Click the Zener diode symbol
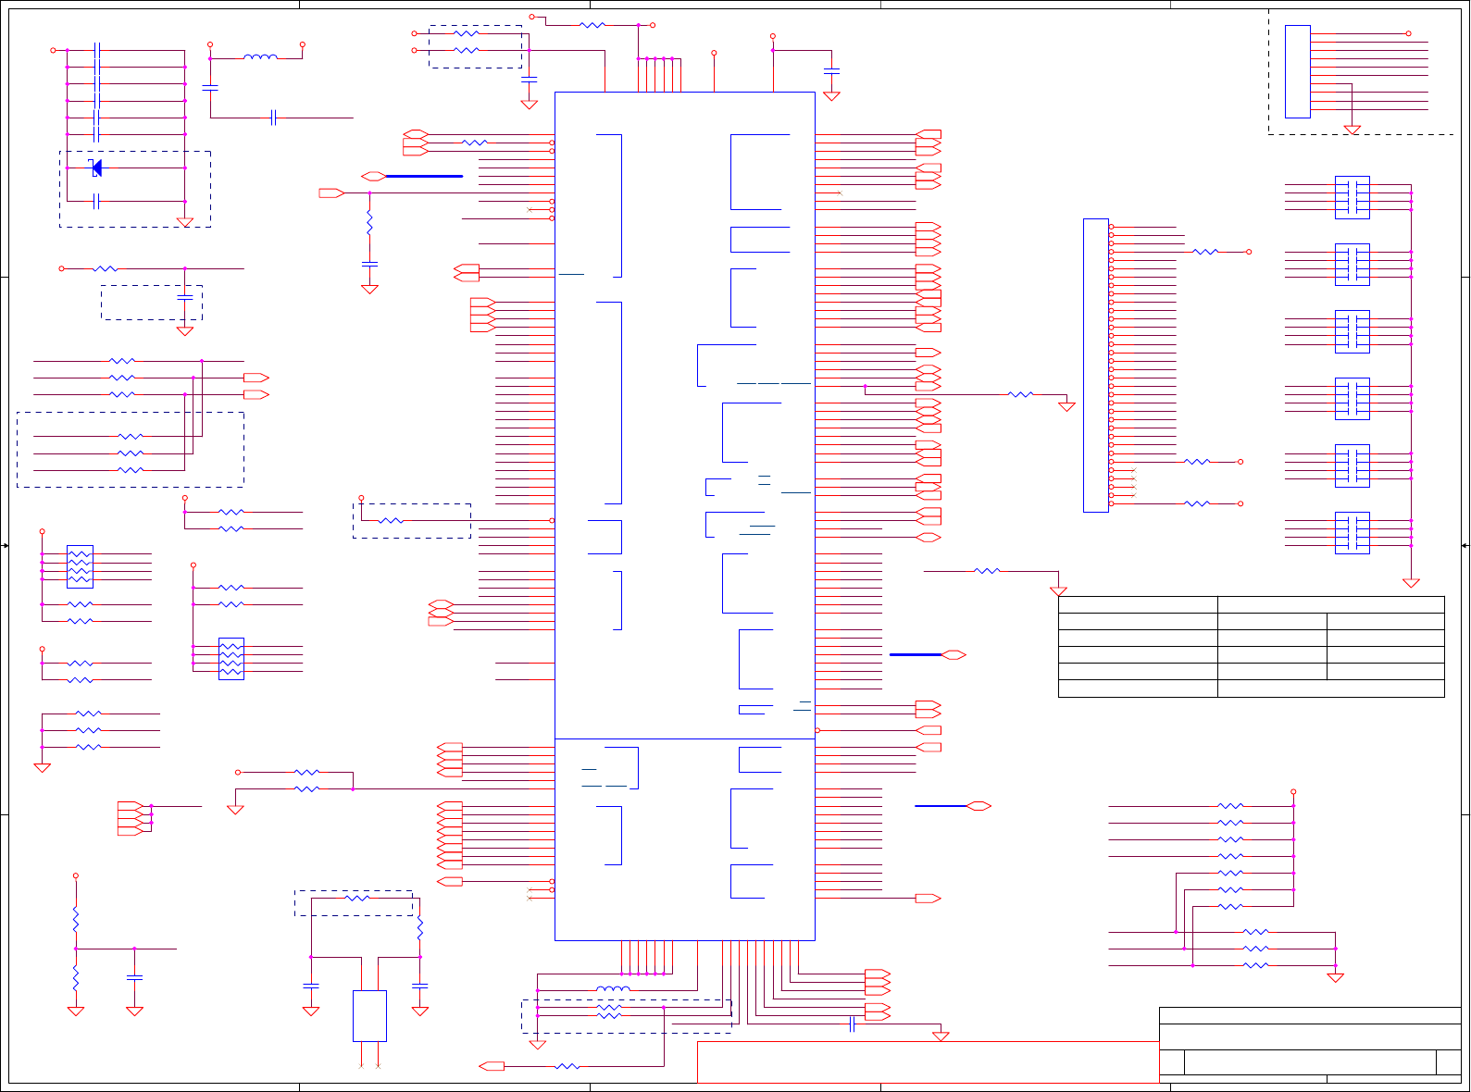[x=95, y=168]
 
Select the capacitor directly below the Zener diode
[x=96, y=201]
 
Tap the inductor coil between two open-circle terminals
[x=259, y=57]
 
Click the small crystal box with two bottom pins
[x=369, y=1015]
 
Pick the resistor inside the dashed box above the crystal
[x=356, y=898]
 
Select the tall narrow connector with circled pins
[x=1095, y=365]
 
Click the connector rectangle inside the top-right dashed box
[x=1297, y=71]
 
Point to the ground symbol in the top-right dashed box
[x=1352, y=130]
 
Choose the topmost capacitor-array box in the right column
[x=1352, y=197]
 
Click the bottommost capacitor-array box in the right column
[x=1352, y=533]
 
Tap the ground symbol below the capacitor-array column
[x=1411, y=583]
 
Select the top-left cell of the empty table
[x=1137, y=604]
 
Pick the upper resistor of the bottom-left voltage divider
[x=76, y=919]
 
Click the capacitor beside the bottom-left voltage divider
[x=134, y=976]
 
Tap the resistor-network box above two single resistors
[x=80, y=566]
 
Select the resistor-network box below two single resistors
[x=231, y=658]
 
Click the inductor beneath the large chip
[x=612, y=989]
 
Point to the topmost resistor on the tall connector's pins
[x=1204, y=252]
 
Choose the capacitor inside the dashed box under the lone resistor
[x=184, y=298]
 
